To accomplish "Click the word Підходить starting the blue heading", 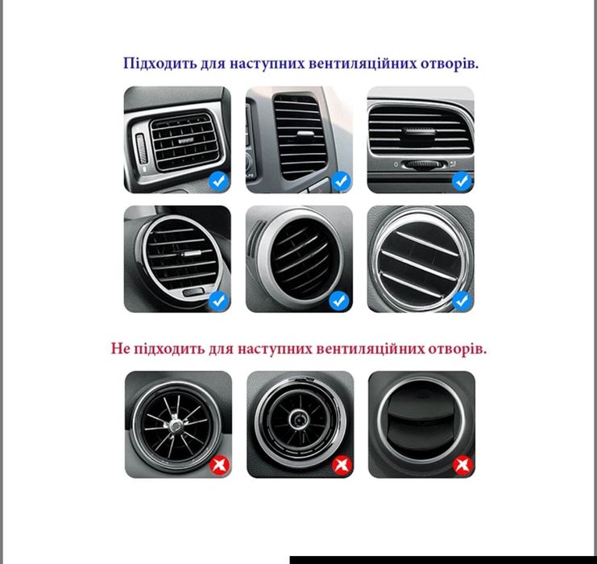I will coord(155,64).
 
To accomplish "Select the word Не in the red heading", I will coord(120,349).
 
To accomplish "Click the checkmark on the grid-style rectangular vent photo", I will coord(218,181).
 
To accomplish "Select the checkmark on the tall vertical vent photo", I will coord(341,181).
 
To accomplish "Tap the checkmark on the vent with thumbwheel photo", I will coord(462,181).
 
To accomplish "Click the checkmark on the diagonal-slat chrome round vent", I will coord(462,301).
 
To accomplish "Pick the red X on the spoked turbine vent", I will coord(219,465).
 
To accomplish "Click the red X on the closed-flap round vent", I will coord(462,465).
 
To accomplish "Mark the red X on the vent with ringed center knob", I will coord(341,465).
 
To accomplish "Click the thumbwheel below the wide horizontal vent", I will coord(420,164).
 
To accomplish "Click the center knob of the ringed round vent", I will coord(298,419).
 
